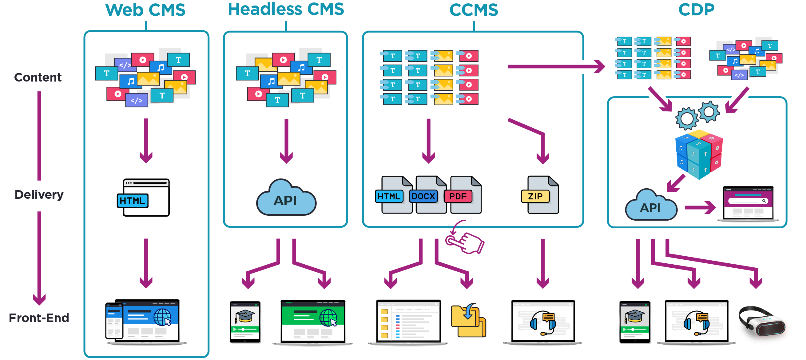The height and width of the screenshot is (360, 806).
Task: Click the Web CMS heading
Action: pos(145,10)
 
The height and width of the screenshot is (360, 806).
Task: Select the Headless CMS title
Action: pos(286,10)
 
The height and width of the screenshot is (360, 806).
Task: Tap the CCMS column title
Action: pos(473,10)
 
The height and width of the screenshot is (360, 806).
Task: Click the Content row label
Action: pos(38,77)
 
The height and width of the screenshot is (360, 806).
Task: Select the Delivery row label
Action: pos(39,194)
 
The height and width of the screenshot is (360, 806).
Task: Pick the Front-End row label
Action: pos(39,318)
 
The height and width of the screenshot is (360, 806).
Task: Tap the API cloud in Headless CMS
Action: pos(286,199)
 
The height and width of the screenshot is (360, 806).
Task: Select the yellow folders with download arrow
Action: pos(468,321)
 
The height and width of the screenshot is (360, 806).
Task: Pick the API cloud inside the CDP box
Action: pos(651,206)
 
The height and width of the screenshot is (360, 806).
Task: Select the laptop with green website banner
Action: pos(313,322)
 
